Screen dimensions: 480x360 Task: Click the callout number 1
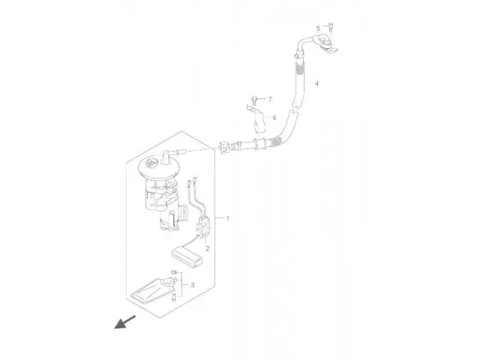(x=228, y=218)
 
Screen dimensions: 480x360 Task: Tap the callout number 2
(x=208, y=248)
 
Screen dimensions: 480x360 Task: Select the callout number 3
(x=193, y=285)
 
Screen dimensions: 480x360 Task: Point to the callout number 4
(x=316, y=83)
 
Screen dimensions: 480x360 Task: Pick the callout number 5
(x=318, y=28)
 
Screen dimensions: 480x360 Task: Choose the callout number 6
(x=274, y=118)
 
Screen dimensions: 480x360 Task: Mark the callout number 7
(x=270, y=100)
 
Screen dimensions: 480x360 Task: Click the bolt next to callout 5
(x=331, y=28)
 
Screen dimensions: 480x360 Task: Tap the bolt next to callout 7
(x=253, y=100)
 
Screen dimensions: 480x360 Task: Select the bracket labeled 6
(x=256, y=119)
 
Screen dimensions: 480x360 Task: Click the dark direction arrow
(x=125, y=322)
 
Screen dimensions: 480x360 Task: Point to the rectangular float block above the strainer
(x=187, y=257)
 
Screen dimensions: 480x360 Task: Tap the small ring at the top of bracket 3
(x=173, y=272)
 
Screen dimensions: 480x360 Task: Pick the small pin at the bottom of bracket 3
(x=174, y=297)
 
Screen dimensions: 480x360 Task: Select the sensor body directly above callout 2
(x=203, y=226)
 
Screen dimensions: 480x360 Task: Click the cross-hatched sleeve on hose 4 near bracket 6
(x=277, y=141)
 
